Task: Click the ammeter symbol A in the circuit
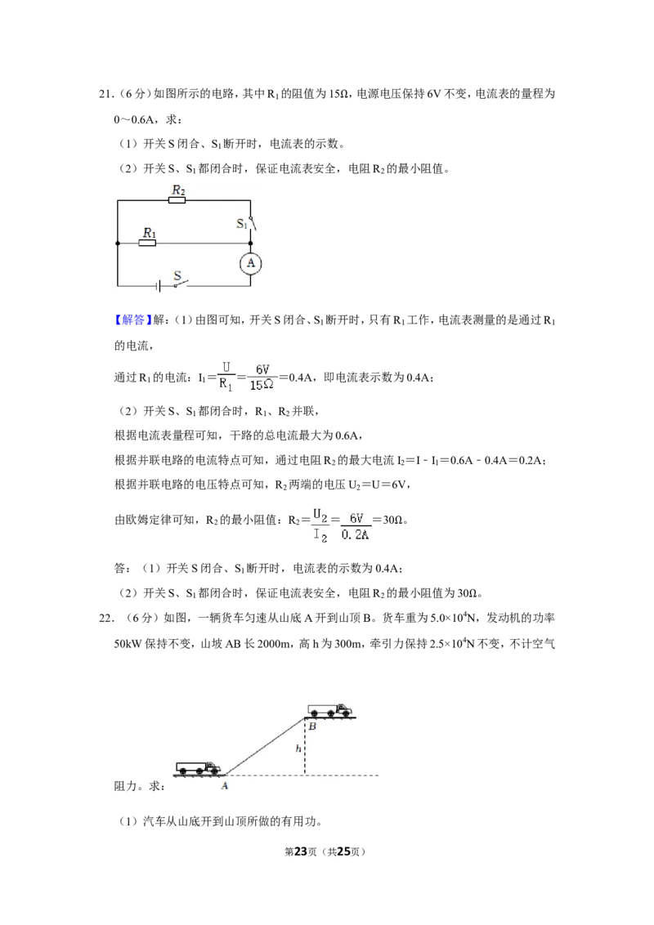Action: [251, 263]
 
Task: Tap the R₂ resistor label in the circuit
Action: [178, 190]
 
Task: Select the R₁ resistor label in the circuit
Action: [150, 232]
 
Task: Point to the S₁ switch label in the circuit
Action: [241, 224]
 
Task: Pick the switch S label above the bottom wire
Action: [177, 275]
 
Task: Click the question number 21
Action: [105, 94]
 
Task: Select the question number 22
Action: [105, 619]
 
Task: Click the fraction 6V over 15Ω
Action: [262, 377]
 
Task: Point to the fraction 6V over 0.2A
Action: [356, 526]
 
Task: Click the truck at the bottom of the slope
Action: [199, 767]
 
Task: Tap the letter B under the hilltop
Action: [312, 726]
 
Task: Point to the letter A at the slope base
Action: [224, 786]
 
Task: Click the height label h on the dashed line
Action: [298, 748]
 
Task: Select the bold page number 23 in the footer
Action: [301, 851]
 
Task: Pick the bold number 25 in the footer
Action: [343, 851]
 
